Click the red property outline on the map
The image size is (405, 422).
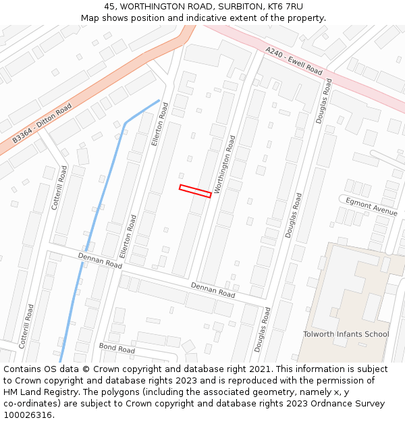195,191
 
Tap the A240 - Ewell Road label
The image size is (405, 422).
294,60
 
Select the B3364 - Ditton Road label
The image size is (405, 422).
42,124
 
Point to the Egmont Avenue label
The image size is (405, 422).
371,207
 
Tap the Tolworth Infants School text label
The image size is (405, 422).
346,334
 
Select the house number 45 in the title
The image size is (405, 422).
110,7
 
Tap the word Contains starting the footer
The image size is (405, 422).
24,369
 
